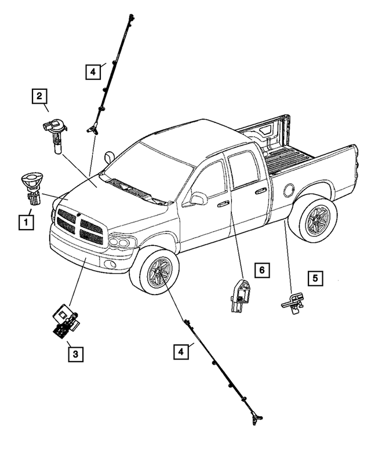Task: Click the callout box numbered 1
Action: click(26, 221)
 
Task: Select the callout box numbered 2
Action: click(39, 96)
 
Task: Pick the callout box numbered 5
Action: click(315, 279)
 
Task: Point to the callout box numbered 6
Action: click(261, 270)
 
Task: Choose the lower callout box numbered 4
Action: click(181, 351)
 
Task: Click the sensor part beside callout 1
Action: click(32, 187)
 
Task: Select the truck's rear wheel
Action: click(313, 219)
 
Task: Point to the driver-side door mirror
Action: click(198, 199)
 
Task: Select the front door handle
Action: click(223, 203)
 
